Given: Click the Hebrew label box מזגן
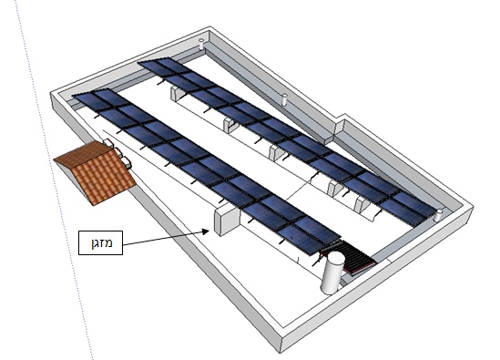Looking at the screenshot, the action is (x=100, y=242).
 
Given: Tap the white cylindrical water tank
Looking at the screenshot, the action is (x=333, y=273).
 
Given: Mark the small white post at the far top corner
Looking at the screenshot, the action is (x=201, y=44).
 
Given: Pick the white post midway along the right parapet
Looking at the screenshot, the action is (x=284, y=99).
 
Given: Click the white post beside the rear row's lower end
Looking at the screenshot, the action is (x=439, y=215).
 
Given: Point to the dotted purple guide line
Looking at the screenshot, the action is (x=54, y=179).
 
